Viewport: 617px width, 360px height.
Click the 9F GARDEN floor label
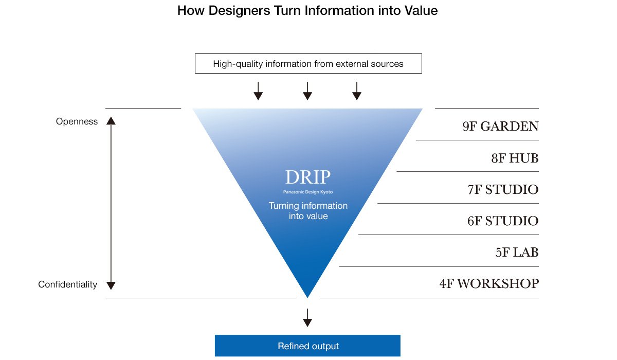coord(500,127)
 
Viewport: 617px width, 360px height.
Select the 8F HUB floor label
coord(515,158)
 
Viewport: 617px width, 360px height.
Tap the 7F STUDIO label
coord(503,190)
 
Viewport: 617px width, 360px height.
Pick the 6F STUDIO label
coord(503,222)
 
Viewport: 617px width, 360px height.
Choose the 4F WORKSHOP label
coord(489,284)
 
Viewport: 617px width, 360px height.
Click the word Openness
coord(77,122)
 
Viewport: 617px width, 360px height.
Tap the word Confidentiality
coord(67,284)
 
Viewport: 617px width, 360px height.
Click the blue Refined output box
coord(307,346)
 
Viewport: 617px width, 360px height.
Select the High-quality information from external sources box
coord(308,64)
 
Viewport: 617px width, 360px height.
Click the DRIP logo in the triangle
coord(307,178)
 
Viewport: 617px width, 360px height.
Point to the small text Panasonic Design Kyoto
coord(307,192)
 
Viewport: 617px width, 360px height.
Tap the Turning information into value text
coord(308,211)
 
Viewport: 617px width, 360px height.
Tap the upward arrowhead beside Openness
coord(111,121)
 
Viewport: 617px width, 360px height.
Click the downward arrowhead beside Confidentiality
coord(111,285)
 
